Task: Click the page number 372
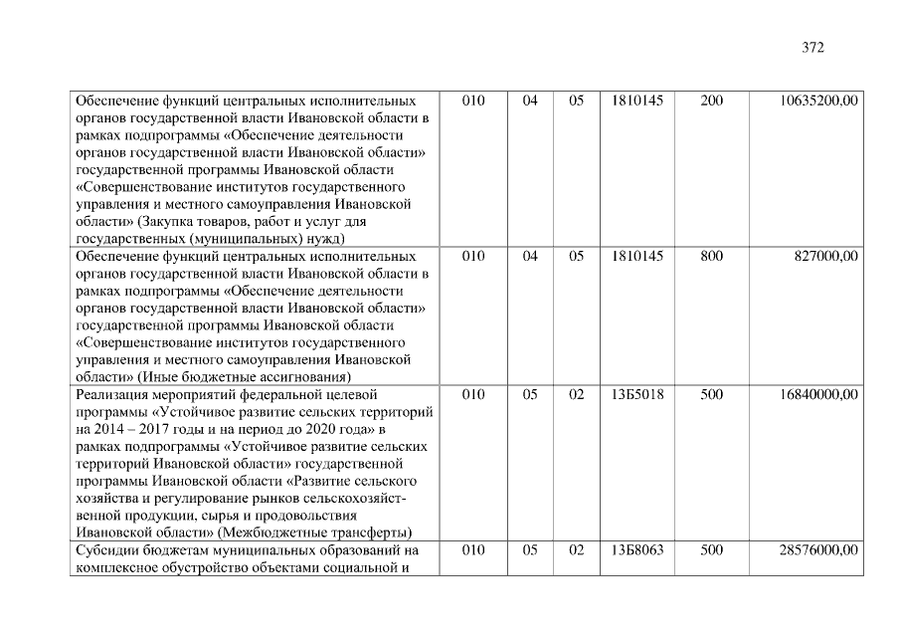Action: pyautogui.click(x=812, y=47)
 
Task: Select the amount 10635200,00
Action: pyautogui.click(x=819, y=102)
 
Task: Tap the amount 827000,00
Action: pyautogui.click(x=826, y=256)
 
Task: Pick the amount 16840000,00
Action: pyautogui.click(x=819, y=395)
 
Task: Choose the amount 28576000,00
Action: pyautogui.click(x=819, y=549)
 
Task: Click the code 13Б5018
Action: pyautogui.click(x=638, y=395)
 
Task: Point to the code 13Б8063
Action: pyautogui.click(x=638, y=549)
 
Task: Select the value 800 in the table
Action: pyautogui.click(x=711, y=256)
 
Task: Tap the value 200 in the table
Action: pyautogui.click(x=711, y=102)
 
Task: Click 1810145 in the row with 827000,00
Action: pyautogui.click(x=638, y=256)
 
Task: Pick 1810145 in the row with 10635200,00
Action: pyautogui.click(x=638, y=102)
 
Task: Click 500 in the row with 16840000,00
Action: pyautogui.click(x=711, y=395)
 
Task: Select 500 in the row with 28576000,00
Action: pyautogui.click(x=711, y=549)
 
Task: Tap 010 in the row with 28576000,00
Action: pyautogui.click(x=473, y=549)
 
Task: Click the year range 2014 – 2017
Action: pyautogui.click(x=130, y=429)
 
